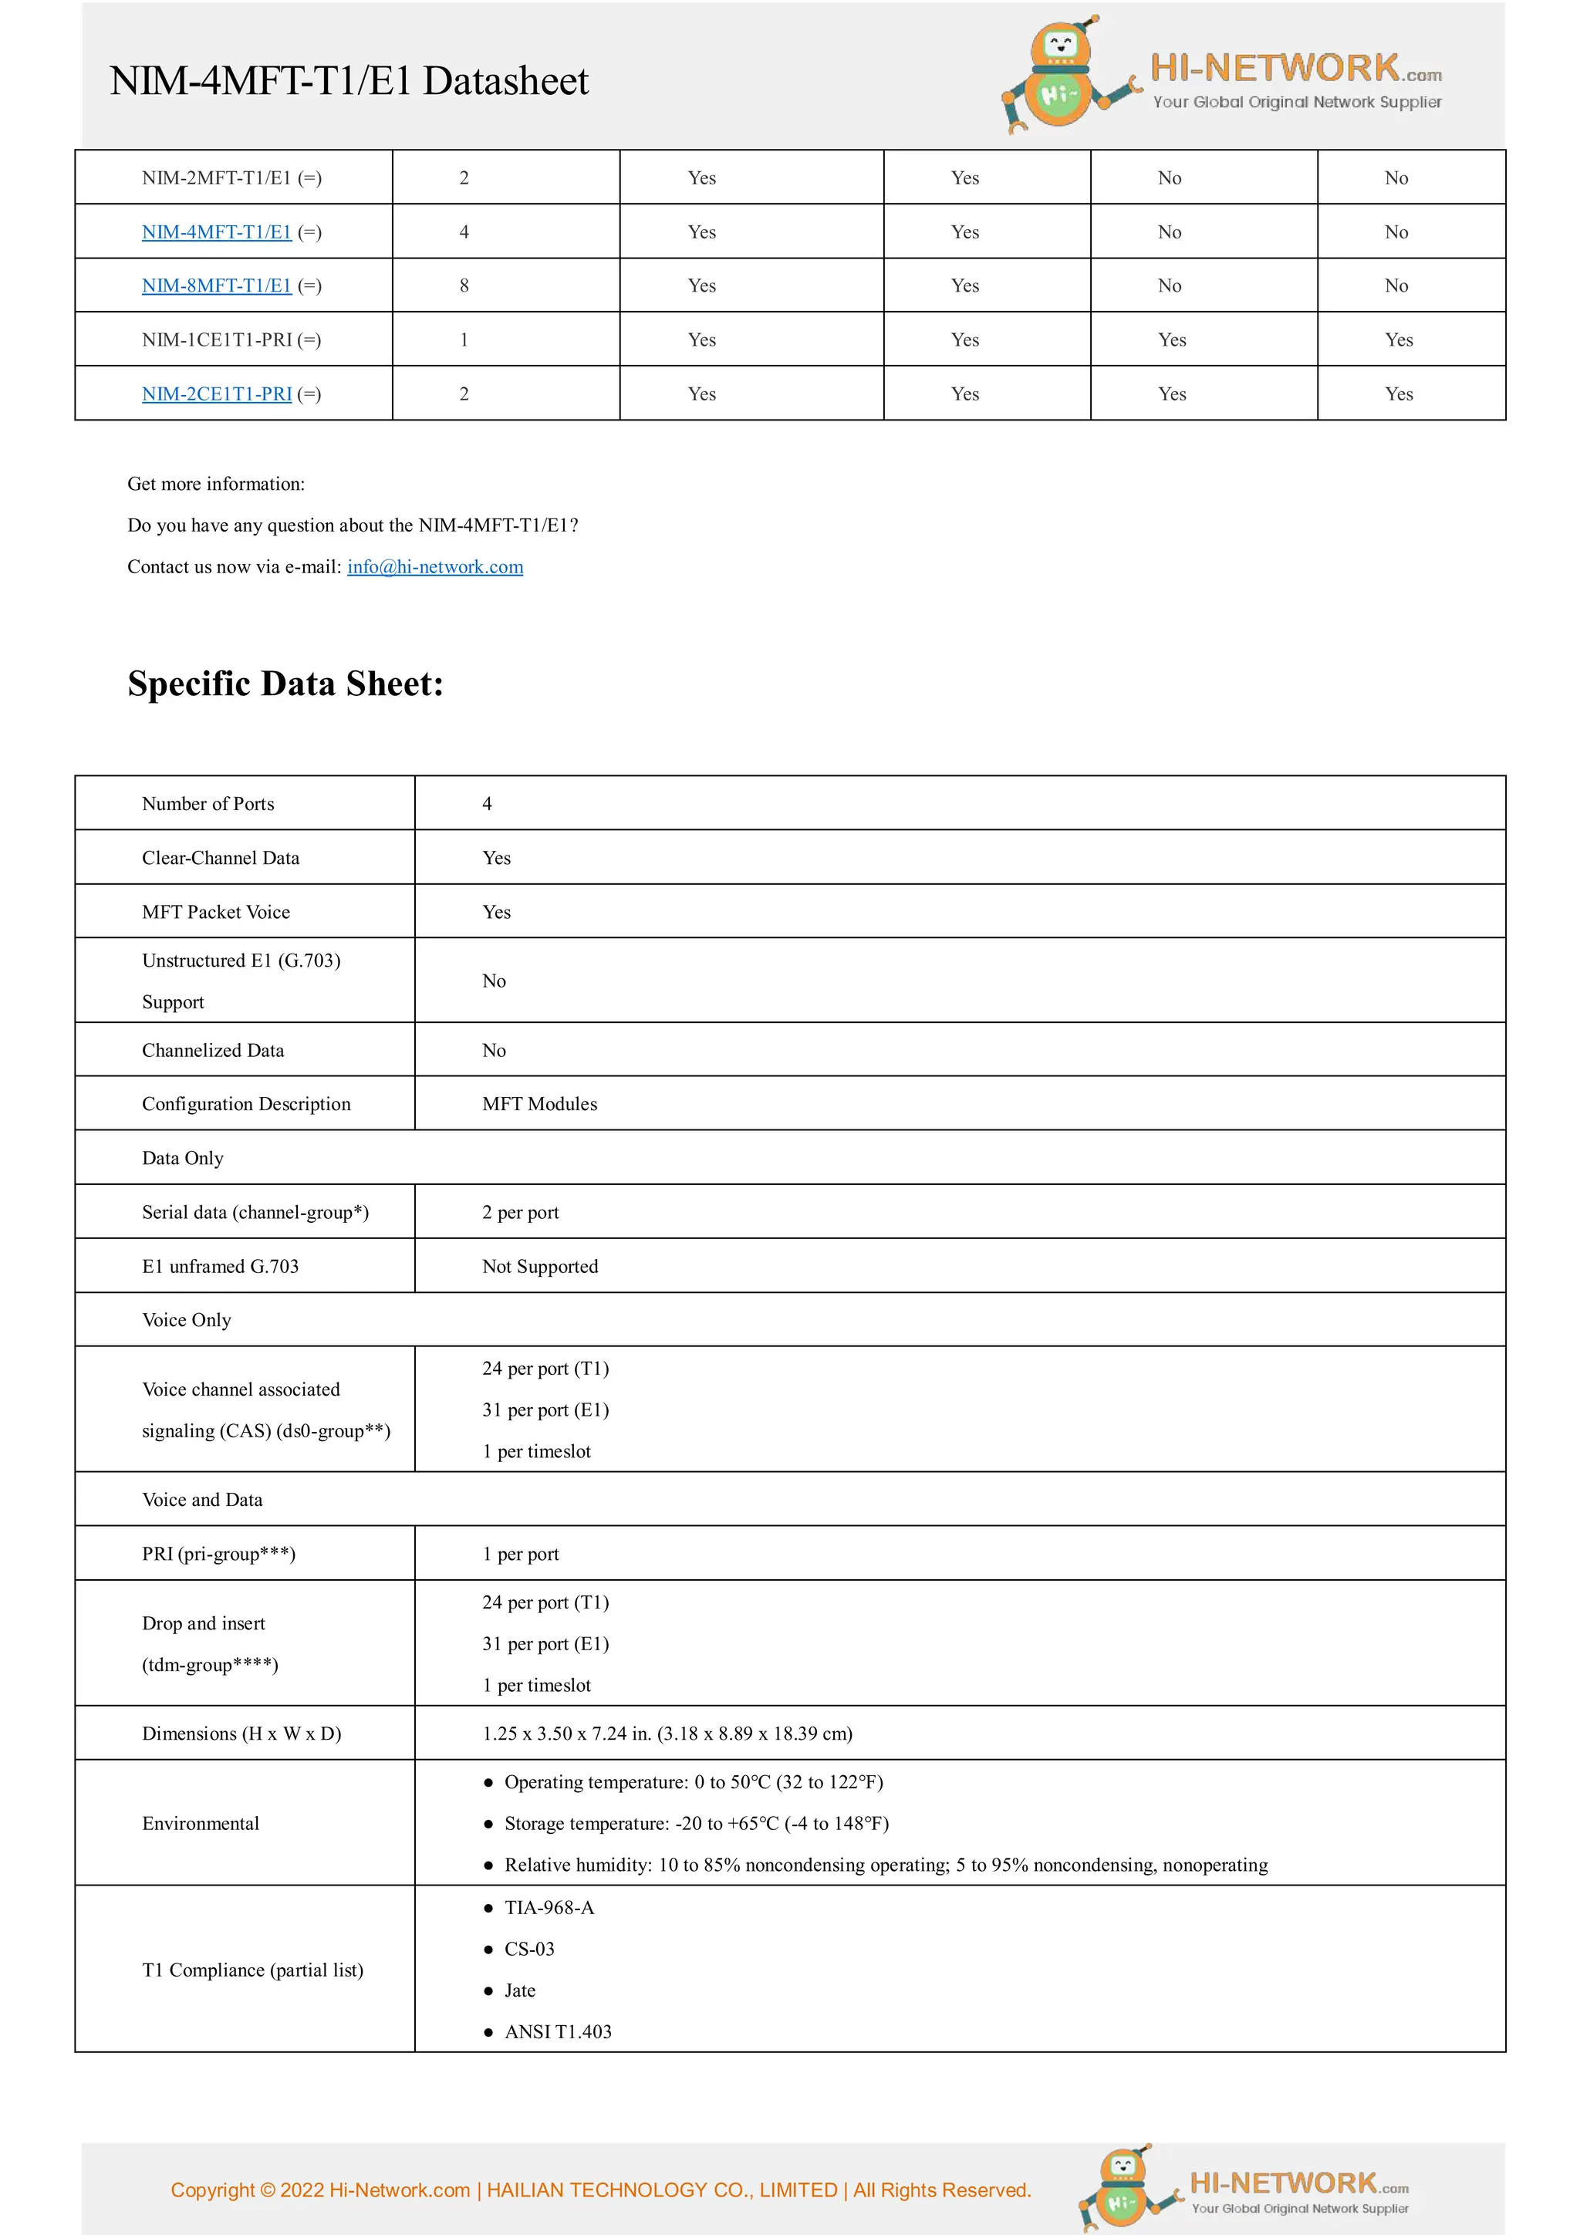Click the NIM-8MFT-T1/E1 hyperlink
216,285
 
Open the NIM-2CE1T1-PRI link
216,393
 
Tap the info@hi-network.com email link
435,566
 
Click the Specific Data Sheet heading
285,684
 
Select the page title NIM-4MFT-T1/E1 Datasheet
349,81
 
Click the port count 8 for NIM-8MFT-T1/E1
464,285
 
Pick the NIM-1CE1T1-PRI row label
231,339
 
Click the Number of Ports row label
208,803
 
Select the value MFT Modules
539,1104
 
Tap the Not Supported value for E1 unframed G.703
540,1267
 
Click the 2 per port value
521,1212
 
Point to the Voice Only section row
187,1320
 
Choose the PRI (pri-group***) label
219,1554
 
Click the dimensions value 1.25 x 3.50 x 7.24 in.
667,1734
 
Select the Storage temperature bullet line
696,1823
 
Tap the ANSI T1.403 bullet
558,2031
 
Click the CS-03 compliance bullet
529,1949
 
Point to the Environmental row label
201,1823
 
